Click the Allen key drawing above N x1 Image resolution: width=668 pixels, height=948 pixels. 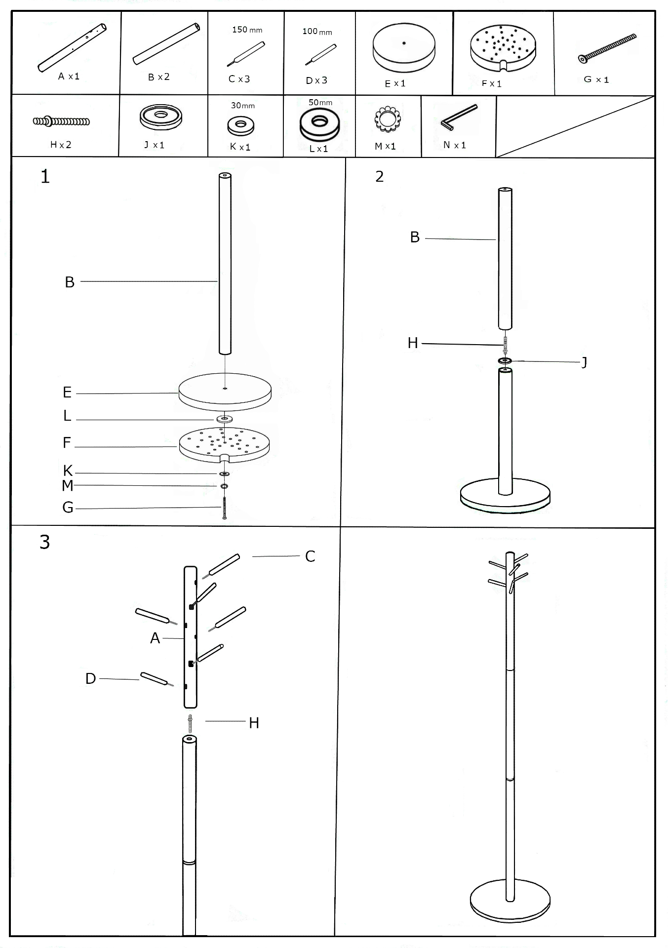(x=459, y=117)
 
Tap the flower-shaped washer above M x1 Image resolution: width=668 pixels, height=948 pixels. (x=388, y=119)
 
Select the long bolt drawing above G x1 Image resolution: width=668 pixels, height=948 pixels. (x=607, y=48)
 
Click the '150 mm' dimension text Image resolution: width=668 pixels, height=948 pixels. (x=247, y=30)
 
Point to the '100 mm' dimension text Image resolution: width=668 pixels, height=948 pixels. (x=317, y=32)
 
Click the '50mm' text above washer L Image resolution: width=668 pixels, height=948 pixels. (x=320, y=103)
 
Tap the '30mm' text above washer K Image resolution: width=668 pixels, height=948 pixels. (x=242, y=106)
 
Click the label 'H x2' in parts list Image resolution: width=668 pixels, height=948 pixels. (x=61, y=145)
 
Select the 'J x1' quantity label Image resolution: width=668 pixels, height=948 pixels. (x=154, y=145)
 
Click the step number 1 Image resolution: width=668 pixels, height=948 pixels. (x=45, y=176)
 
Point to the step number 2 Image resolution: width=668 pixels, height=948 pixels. (x=379, y=176)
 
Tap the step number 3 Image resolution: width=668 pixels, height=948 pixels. (x=44, y=542)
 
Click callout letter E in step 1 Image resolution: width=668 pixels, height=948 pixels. (x=67, y=393)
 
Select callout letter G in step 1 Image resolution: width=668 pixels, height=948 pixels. (x=68, y=508)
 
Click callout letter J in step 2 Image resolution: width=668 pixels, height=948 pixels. (x=585, y=362)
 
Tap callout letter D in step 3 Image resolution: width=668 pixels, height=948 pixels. (x=90, y=679)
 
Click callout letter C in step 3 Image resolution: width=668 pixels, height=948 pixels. (x=310, y=556)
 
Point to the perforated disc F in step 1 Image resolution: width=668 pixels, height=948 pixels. (x=224, y=443)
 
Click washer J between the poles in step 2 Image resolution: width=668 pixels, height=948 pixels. (x=505, y=361)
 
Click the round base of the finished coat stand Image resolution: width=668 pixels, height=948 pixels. (x=510, y=902)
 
